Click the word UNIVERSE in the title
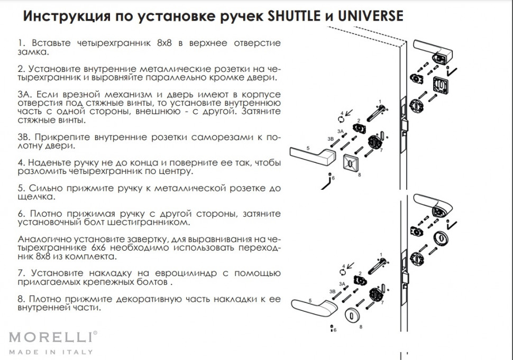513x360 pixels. point(365,16)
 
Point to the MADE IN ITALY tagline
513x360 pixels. point(51,352)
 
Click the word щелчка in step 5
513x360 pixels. point(34,197)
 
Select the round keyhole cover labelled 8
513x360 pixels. point(350,316)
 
